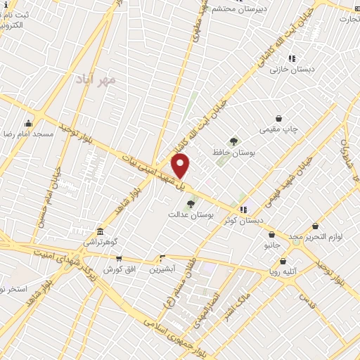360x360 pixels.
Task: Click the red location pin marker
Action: [181, 166]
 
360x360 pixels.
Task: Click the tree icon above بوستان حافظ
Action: [233, 141]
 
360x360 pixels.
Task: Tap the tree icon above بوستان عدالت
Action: [190, 203]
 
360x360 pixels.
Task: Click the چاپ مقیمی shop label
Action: [279, 129]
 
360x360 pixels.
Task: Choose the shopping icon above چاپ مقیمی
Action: [279, 119]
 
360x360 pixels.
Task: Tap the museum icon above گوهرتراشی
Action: [100, 231]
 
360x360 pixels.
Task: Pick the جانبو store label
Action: [271, 245]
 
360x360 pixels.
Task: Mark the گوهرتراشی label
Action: [101, 241]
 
